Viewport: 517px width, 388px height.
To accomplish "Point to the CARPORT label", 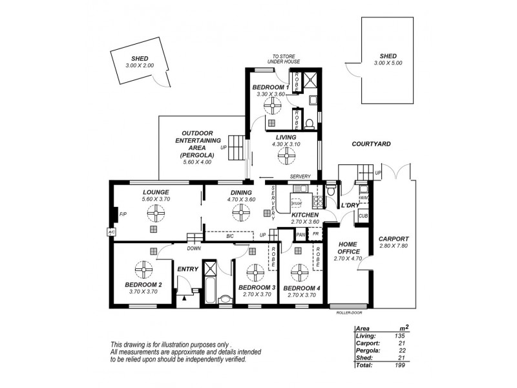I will pyautogui.click(x=394, y=239).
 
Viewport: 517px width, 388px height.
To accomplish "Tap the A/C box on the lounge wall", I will pyautogui.click(x=111, y=231).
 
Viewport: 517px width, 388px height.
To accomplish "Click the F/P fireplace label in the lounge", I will pyautogui.click(x=122, y=214).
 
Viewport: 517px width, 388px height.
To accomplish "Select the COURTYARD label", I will pyautogui.click(x=371, y=144).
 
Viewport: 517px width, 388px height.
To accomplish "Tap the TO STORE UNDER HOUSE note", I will pyautogui.click(x=283, y=59).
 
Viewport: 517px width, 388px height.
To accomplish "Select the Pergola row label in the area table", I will pyautogui.click(x=367, y=350).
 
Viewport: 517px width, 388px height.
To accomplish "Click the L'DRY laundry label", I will pyautogui.click(x=350, y=205).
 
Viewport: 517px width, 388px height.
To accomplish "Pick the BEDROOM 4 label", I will pyautogui.click(x=301, y=288).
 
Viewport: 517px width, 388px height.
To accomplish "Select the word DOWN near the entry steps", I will pyautogui.click(x=194, y=248).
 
